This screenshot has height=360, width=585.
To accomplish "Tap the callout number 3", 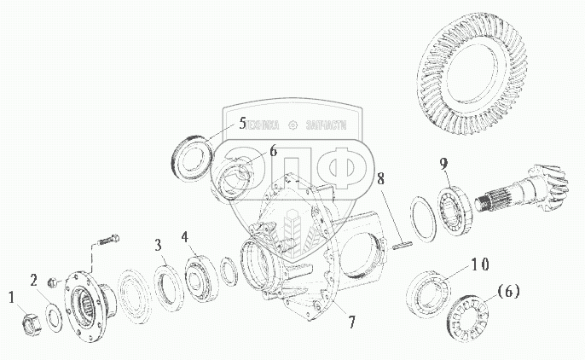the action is (158, 247).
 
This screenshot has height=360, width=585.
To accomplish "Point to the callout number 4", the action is (184, 235).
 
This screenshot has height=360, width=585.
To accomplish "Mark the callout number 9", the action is (443, 163).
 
